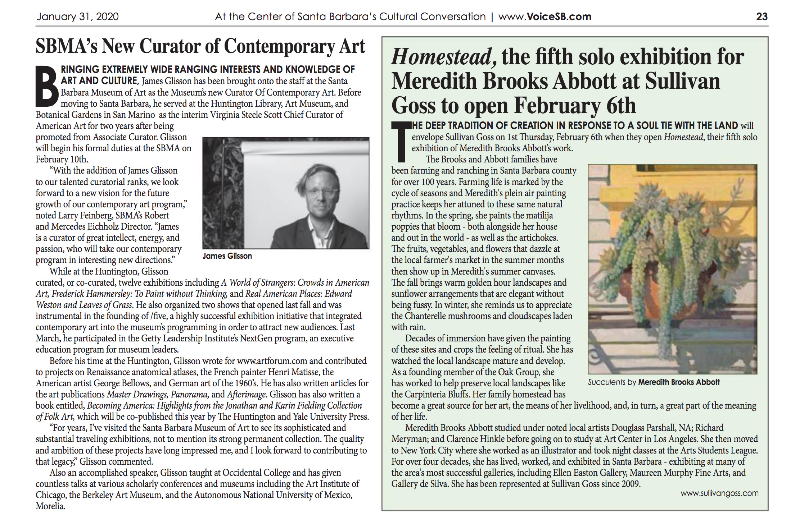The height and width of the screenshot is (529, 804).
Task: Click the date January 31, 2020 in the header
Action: pyautogui.click(x=77, y=17)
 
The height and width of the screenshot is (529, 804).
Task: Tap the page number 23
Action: pyautogui.click(x=762, y=17)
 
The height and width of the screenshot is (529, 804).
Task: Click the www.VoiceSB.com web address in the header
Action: pyautogui.click(x=545, y=17)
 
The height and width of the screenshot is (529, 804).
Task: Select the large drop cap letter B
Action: pyautogui.click(x=47, y=87)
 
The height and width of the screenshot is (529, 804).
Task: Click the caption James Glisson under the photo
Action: pyautogui.click(x=227, y=256)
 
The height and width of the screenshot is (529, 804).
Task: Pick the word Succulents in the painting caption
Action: pyautogui.click(x=606, y=382)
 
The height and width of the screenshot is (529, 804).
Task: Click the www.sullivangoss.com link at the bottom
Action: pyautogui.click(x=719, y=493)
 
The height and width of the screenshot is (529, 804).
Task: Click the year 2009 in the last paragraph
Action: pyautogui.click(x=631, y=484)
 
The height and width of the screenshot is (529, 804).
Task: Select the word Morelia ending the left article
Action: pyautogui.click(x=50, y=506)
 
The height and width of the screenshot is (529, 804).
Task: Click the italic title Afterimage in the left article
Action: pyautogui.click(x=247, y=394)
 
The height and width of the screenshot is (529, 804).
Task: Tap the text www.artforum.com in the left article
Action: pyautogui.click(x=272, y=361)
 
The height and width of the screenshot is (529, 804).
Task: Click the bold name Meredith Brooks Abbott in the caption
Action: pyautogui.click(x=679, y=382)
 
